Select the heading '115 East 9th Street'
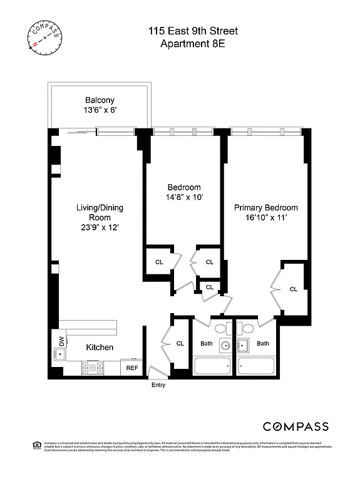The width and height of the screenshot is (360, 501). pyautogui.click(x=193, y=31)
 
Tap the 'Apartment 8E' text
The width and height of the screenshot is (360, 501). pyautogui.click(x=193, y=43)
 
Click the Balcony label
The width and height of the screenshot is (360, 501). pyautogui.click(x=100, y=100)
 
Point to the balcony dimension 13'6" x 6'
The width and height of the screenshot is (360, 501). pyautogui.click(x=100, y=111)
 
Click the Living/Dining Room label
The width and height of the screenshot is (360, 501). pyautogui.click(x=98, y=213)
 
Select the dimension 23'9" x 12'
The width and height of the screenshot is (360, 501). pyautogui.click(x=98, y=229)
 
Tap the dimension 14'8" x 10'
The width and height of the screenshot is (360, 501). pyautogui.click(x=184, y=197)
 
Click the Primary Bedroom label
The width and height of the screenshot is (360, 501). pyautogui.click(x=266, y=207)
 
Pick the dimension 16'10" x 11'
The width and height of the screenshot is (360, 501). pyautogui.click(x=266, y=218)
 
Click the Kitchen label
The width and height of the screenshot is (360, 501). pyautogui.click(x=100, y=347)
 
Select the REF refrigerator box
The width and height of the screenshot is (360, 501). pyautogui.click(x=132, y=368)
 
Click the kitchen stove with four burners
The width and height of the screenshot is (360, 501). pyautogui.click(x=93, y=368)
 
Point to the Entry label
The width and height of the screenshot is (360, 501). pyautogui.click(x=158, y=385)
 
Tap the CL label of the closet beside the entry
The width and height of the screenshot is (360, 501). pyautogui.click(x=180, y=343)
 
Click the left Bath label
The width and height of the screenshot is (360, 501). pyautogui.click(x=207, y=343)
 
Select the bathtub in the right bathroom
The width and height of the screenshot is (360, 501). pyautogui.click(x=262, y=366)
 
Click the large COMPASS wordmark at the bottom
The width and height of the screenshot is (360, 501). pyautogui.click(x=296, y=426)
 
